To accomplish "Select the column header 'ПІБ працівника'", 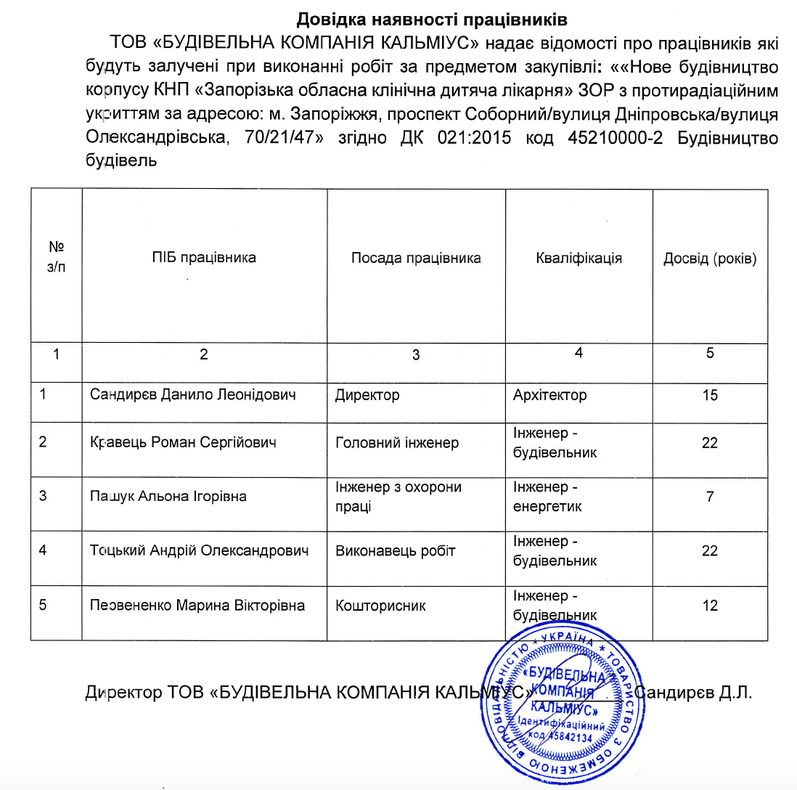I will click(204, 258).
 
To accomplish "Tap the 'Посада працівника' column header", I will click(416, 258).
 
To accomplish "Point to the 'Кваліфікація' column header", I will click(579, 258).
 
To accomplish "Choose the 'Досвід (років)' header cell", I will click(710, 258).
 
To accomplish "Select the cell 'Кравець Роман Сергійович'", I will click(183, 442).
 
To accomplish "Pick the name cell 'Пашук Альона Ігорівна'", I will click(168, 497).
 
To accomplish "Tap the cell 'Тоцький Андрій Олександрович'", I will click(200, 550).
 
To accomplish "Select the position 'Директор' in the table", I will click(367, 396).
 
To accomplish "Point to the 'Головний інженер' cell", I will click(396, 442).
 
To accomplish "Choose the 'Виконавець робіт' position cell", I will click(396, 550).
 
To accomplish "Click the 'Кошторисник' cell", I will click(380, 605).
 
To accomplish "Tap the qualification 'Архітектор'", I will click(549, 396).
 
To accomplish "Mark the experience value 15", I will click(710, 396).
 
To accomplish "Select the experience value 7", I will click(710, 497).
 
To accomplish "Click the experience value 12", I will click(710, 605).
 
